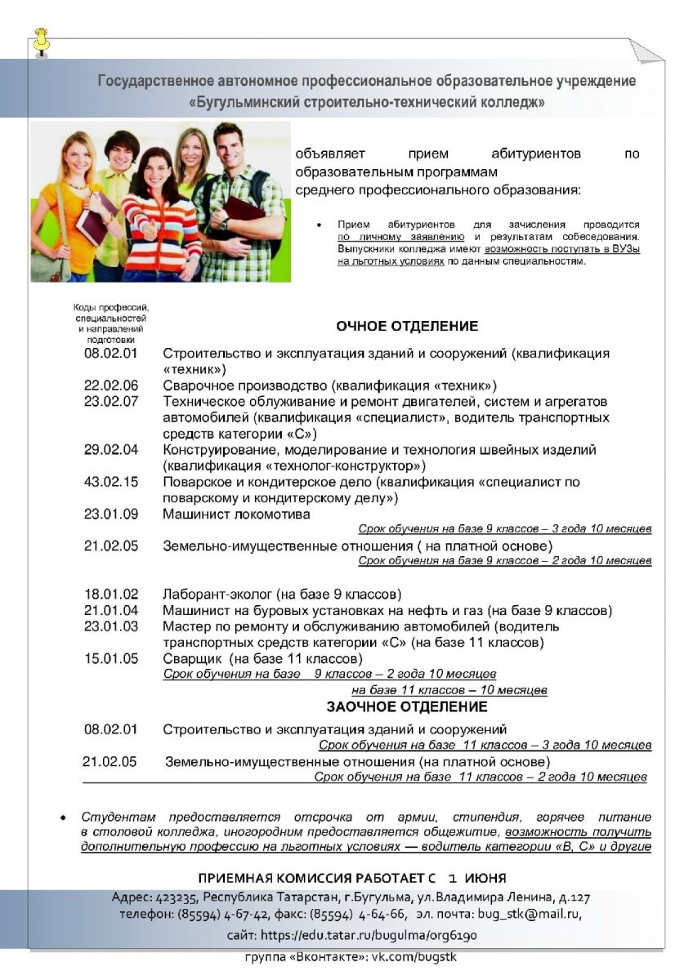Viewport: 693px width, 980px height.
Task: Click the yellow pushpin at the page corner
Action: (41, 41)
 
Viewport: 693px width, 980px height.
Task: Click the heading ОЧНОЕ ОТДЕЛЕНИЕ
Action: (407, 326)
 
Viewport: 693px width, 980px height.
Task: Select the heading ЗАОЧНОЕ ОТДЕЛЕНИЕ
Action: (407, 706)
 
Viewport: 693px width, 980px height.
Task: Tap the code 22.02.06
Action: (111, 385)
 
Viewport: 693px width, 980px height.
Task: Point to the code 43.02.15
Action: (111, 482)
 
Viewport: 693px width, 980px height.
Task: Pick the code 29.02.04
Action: (111, 450)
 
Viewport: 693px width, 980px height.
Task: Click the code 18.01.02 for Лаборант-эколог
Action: (111, 594)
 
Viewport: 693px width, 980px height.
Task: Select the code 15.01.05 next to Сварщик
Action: (111, 658)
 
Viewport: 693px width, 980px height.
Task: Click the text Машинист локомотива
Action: (236, 514)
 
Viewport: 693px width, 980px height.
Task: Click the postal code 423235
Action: (174, 897)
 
